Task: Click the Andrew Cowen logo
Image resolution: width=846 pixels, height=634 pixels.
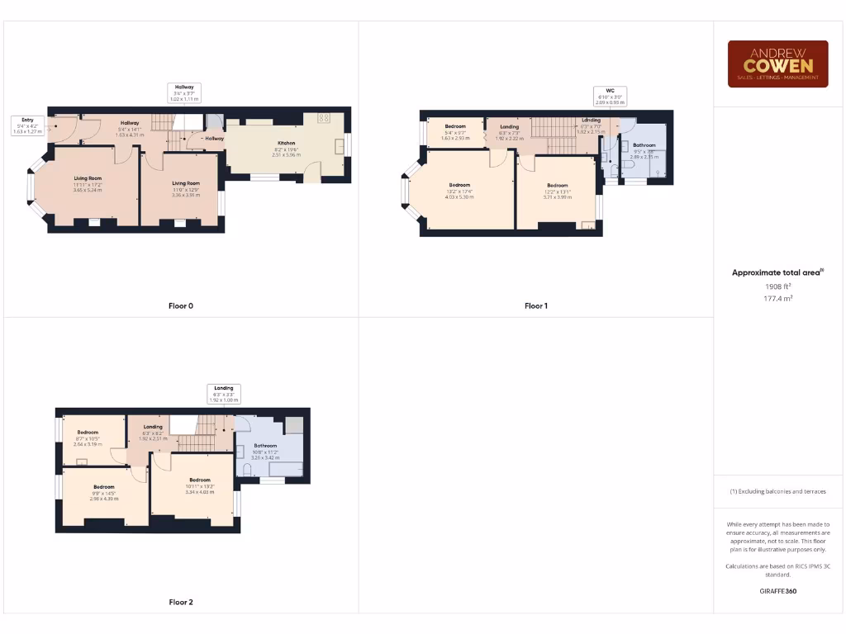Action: pos(777,64)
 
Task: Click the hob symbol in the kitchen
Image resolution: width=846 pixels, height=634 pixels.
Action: pos(323,118)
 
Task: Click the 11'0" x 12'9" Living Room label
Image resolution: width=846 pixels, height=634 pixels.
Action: pos(186,189)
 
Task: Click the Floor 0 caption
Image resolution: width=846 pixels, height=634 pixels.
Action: pos(181,306)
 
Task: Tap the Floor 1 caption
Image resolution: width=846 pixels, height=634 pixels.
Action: pos(536,306)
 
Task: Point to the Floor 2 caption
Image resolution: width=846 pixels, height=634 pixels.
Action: pos(181,603)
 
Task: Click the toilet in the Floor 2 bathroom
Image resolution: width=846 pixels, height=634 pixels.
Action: pos(245,470)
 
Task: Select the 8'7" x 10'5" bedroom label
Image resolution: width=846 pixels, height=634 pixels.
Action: pos(88,438)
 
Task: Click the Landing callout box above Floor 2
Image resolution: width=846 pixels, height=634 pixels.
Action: pos(223,393)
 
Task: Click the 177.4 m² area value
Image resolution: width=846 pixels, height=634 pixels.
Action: pos(777,298)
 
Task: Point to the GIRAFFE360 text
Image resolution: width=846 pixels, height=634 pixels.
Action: pos(777,591)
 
